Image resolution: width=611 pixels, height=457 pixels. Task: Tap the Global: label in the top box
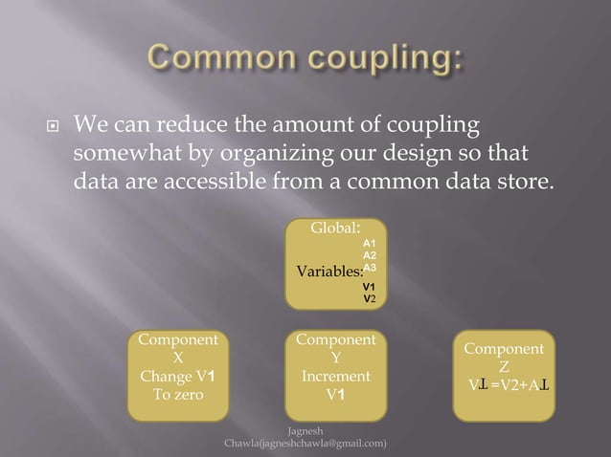tap(335, 228)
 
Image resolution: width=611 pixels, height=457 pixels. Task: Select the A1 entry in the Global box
tap(369, 244)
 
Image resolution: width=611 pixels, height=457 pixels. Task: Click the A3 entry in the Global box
tap(369, 270)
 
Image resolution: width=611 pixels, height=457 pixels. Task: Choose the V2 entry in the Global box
tap(368, 298)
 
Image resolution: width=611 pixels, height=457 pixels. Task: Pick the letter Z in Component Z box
tap(504, 367)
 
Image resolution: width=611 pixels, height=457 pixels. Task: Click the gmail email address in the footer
tap(305, 444)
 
